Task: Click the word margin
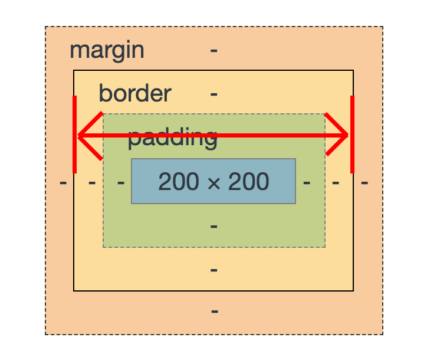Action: pyautogui.click(x=107, y=50)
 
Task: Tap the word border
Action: pyautogui.click(x=134, y=93)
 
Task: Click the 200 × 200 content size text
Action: pyautogui.click(x=213, y=182)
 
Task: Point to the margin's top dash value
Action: pyautogui.click(x=213, y=51)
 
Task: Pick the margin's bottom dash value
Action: pyautogui.click(x=215, y=311)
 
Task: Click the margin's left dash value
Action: pyautogui.click(x=63, y=182)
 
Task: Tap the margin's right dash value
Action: pyautogui.click(x=364, y=182)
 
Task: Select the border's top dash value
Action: pyautogui.click(x=214, y=94)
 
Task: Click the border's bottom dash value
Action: pyautogui.click(x=214, y=270)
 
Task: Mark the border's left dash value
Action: pyautogui.click(x=92, y=182)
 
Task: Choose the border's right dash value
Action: pyautogui.click(x=336, y=182)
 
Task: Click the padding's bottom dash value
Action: pyautogui.click(x=214, y=226)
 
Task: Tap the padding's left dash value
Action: pyautogui.click(x=121, y=182)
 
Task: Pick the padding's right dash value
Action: pyautogui.click(x=307, y=182)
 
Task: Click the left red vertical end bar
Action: pyautogui.click(x=75, y=135)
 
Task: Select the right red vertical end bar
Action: pyautogui.click(x=352, y=135)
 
